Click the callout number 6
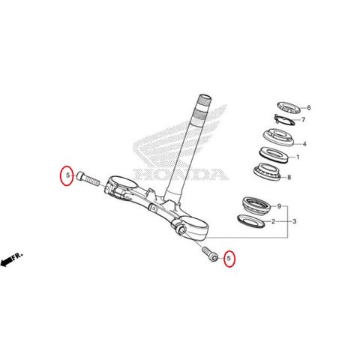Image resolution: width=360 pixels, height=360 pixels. click(x=309, y=108)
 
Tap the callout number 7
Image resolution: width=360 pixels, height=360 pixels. click(x=303, y=120)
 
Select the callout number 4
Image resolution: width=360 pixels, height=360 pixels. click(x=304, y=144)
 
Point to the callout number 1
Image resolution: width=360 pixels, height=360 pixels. click(x=298, y=157)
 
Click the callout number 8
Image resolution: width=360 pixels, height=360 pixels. click(x=289, y=177)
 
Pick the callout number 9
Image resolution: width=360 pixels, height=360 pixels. click(x=279, y=206)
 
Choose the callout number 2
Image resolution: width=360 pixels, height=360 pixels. click(x=273, y=221)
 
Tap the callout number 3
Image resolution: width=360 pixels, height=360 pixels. click(x=295, y=221)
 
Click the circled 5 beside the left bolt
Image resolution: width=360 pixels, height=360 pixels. click(x=67, y=175)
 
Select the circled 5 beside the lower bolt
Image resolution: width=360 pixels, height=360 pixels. click(x=229, y=258)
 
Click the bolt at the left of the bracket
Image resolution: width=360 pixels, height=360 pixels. click(x=88, y=178)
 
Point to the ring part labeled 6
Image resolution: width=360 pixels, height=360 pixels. click(x=289, y=107)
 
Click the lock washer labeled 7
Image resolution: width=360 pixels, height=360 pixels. click(x=284, y=119)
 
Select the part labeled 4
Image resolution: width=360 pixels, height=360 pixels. click(x=278, y=137)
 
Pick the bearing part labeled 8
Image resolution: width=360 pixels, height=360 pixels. click(x=267, y=172)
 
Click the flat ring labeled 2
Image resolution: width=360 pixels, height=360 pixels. click(x=251, y=220)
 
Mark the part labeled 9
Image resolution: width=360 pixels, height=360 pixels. click(x=256, y=205)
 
